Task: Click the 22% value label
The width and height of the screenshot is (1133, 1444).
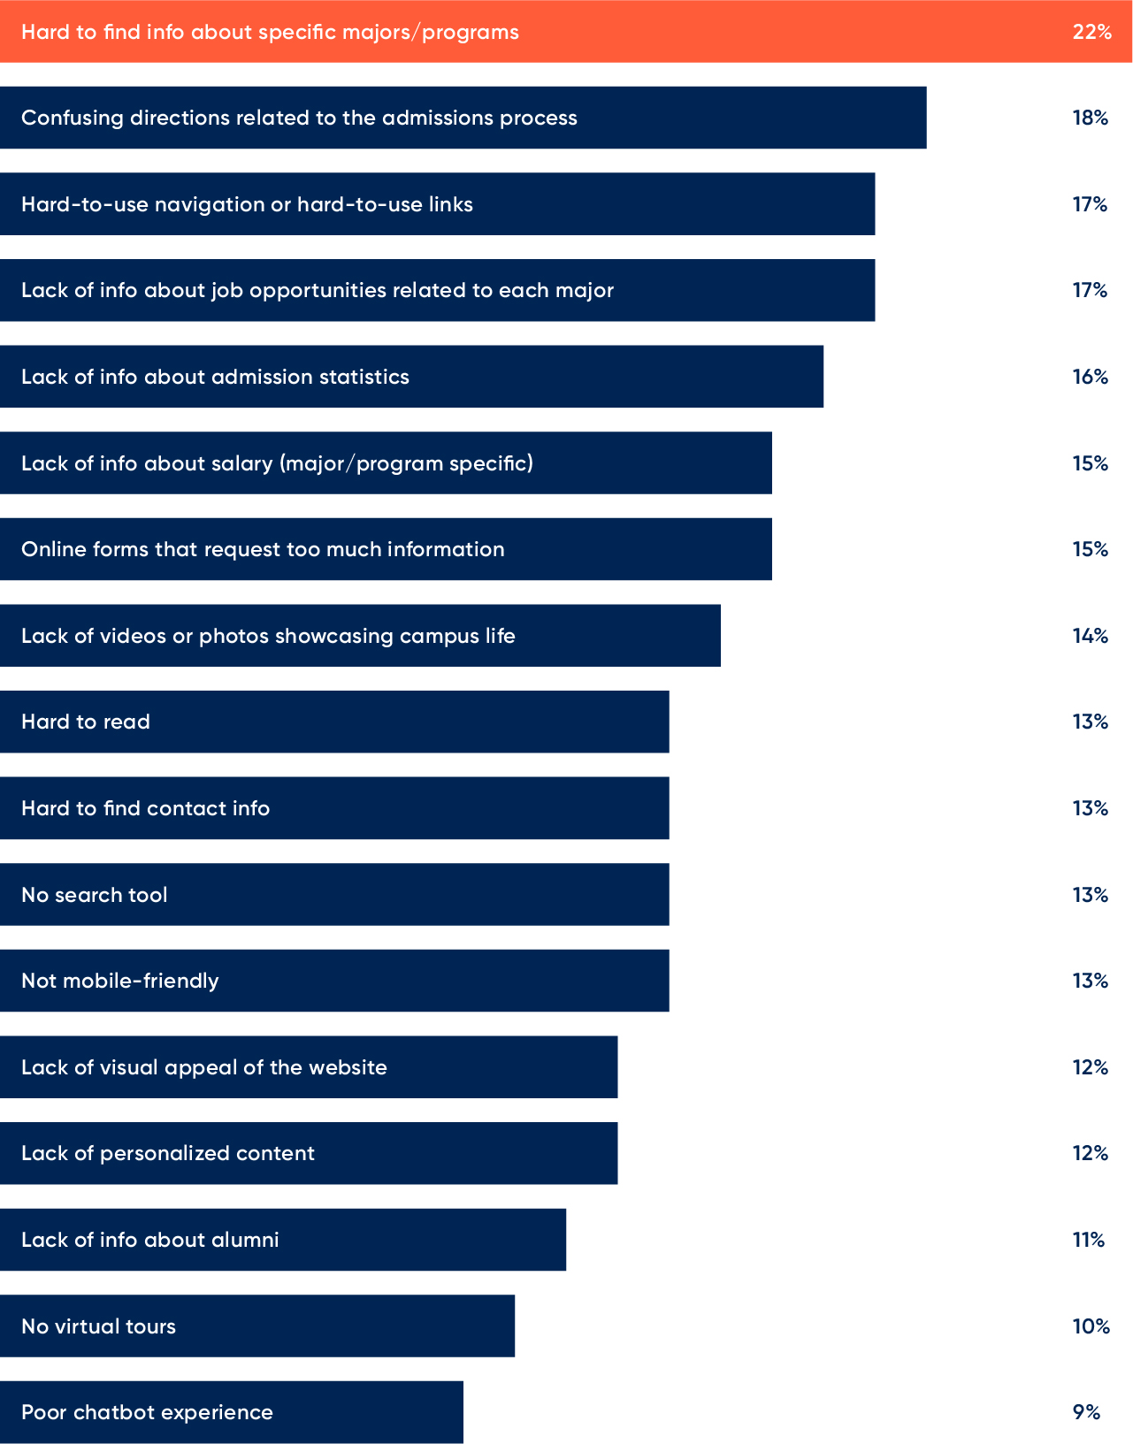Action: pos(1091,32)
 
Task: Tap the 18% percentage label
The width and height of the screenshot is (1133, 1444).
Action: pos(1090,118)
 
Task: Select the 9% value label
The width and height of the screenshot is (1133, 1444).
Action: pos(1086,1412)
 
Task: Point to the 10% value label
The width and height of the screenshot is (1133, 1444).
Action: pos(1091,1326)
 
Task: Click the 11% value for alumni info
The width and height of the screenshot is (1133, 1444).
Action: pos(1089,1240)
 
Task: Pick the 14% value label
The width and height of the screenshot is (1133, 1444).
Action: pos(1090,636)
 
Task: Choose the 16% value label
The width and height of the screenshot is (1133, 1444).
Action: pos(1090,377)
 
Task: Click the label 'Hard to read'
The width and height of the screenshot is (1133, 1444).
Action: pos(86,722)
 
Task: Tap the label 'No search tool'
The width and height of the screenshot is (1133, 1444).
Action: pos(95,895)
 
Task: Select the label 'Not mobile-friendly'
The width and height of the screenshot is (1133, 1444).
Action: pos(120,981)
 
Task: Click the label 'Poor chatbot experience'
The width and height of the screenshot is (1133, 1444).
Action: pos(147,1412)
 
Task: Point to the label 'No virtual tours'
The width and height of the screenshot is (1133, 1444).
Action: pos(98,1326)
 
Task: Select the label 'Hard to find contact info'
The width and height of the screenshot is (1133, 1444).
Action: pos(145,808)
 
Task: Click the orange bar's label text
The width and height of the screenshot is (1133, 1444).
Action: pos(270,32)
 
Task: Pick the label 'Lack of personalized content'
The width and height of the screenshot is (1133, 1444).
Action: pos(168,1153)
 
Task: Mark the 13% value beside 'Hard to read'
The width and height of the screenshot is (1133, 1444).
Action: pos(1090,722)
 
